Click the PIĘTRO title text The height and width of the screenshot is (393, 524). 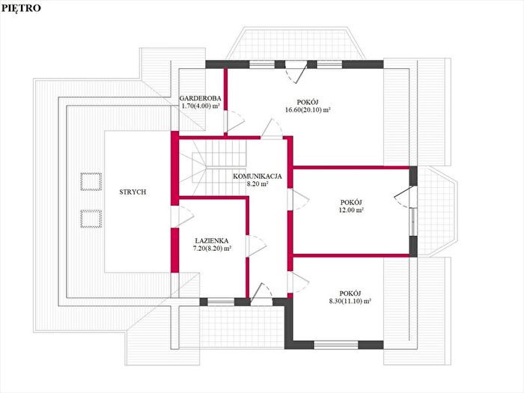click(21, 8)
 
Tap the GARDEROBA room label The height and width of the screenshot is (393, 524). click(200, 98)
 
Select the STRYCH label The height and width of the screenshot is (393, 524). click(132, 192)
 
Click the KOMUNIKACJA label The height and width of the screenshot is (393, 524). click(258, 176)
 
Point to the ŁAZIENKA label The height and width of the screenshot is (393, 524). click(212, 240)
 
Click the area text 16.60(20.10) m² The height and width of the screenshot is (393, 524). click(308, 110)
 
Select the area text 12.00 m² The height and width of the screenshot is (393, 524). click(351, 210)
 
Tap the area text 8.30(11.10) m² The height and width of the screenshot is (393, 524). click(350, 301)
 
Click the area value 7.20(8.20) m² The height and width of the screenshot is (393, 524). click(213, 249)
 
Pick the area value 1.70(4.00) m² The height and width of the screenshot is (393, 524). click(201, 106)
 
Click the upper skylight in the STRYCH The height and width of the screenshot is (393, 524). click(91, 181)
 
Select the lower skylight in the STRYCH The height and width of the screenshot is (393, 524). click(91, 219)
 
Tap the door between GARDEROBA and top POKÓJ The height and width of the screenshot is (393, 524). click(234, 121)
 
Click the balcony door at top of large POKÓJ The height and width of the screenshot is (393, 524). click(296, 71)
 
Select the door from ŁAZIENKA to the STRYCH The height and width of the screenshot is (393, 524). click(182, 217)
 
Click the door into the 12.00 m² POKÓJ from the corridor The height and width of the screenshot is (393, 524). click(298, 200)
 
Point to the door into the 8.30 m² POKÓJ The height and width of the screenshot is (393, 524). click(298, 282)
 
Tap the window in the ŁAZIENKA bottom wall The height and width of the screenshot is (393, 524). click(221, 302)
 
